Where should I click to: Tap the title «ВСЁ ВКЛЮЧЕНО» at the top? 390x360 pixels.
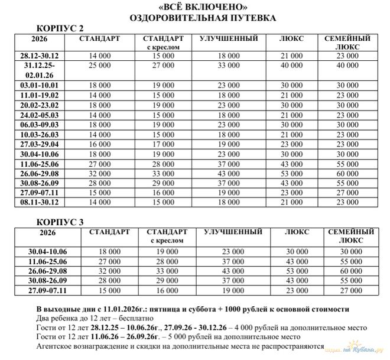[194, 7]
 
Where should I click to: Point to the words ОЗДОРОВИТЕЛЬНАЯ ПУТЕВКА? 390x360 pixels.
[194, 18]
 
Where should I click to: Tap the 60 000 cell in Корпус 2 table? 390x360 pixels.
[347, 174]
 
